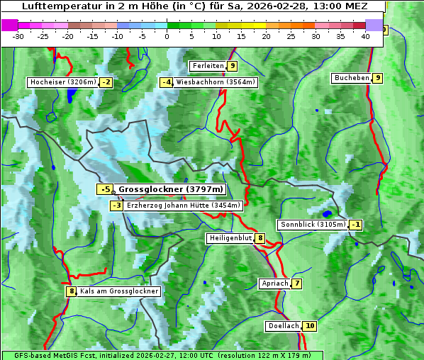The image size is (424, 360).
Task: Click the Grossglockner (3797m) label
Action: (170, 189)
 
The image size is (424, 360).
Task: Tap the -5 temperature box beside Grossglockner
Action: (105, 189)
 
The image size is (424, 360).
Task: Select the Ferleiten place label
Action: (208, 66)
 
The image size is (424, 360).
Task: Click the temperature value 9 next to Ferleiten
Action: (233, 66)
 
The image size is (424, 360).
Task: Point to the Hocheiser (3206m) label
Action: (62, 82)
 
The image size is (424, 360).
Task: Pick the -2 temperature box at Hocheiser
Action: (106, 82)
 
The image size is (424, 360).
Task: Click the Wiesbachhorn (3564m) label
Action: (216, 82)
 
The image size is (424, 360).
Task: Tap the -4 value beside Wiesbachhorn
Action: (167, 82)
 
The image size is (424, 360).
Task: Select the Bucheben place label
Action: (352, 77)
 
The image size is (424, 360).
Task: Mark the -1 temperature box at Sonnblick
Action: (356, 225)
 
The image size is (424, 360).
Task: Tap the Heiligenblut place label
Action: (230, 238)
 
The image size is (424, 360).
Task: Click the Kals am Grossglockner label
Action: (118, 291)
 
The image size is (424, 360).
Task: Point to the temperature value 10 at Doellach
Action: (310, 326)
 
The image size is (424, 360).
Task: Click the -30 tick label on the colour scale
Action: (18, 36)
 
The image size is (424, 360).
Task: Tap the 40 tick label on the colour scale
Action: (365, 36)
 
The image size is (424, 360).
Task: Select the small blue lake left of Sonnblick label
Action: (327, 213)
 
